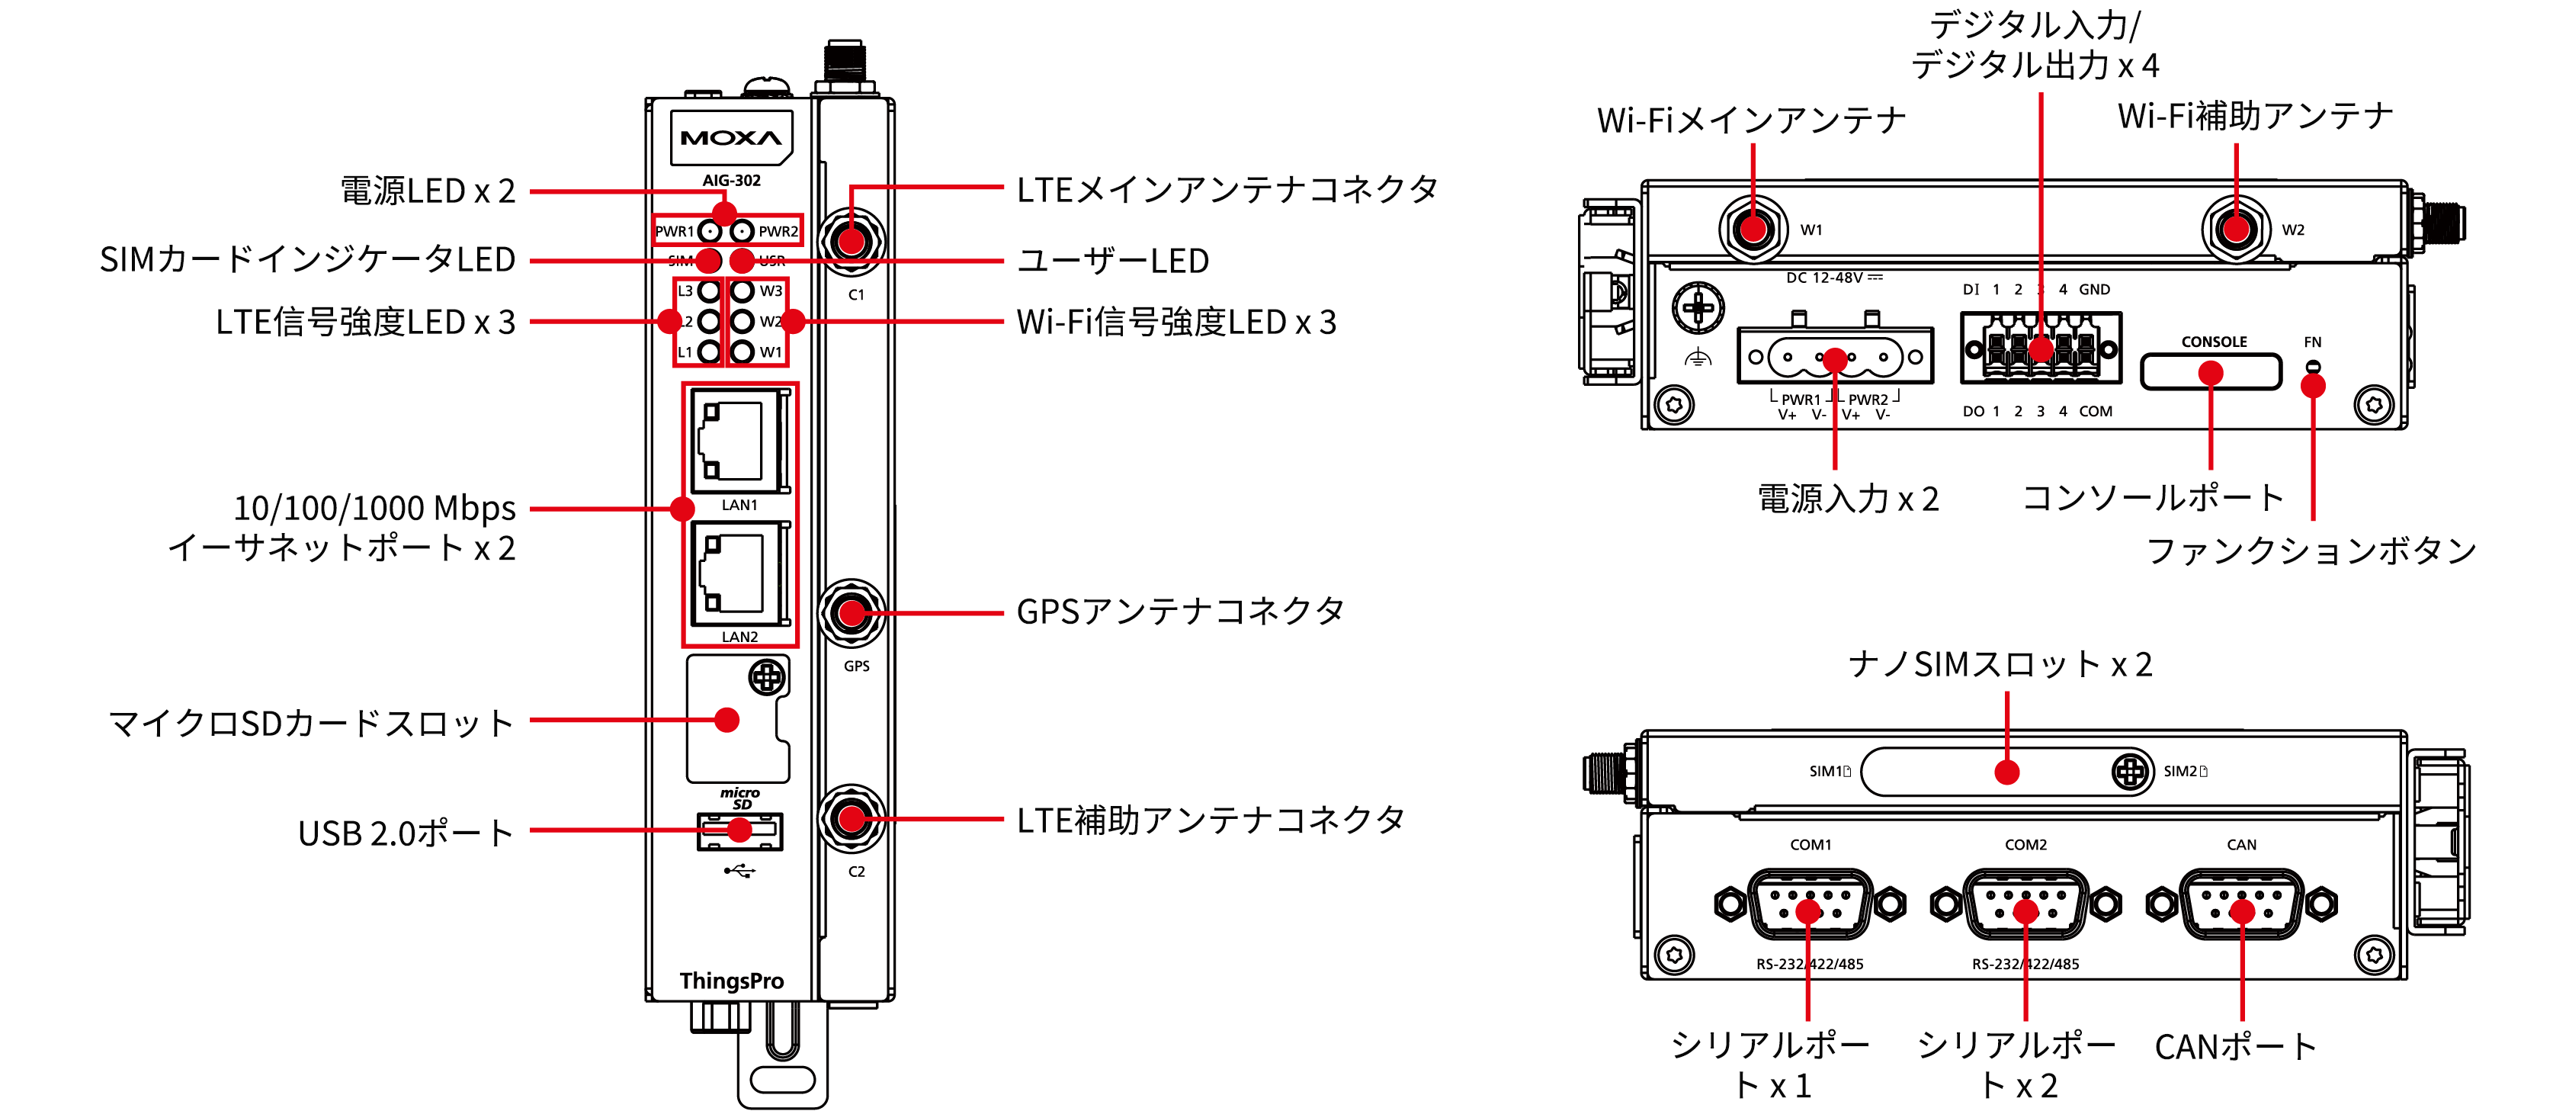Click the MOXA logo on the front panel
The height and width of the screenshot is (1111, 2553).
pos(731,138)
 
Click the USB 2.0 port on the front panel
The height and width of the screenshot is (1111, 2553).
pos(739,831)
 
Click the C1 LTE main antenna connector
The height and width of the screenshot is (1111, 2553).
pos(852,241)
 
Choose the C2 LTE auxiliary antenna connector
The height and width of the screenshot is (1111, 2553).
pos(852,819)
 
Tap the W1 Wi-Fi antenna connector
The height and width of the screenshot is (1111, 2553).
pos(1753,229)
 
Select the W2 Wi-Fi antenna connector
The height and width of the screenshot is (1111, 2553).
pos(2235,229)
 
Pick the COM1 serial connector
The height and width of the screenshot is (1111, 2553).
pos(1809,904)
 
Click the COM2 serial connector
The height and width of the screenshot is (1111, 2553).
pos(2025,904)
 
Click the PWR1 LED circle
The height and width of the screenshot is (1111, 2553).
pos(710,232)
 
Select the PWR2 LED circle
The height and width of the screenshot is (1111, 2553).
pos(742,232)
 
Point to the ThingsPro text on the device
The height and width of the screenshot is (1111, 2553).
pos(731,981)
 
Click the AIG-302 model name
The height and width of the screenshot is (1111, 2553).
pos(731,181)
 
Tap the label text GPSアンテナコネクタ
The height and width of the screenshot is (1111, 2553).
pos(1180,612)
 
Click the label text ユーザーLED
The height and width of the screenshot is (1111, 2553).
pos(1113,261)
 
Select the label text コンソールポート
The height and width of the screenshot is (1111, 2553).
pos(2153,497)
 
